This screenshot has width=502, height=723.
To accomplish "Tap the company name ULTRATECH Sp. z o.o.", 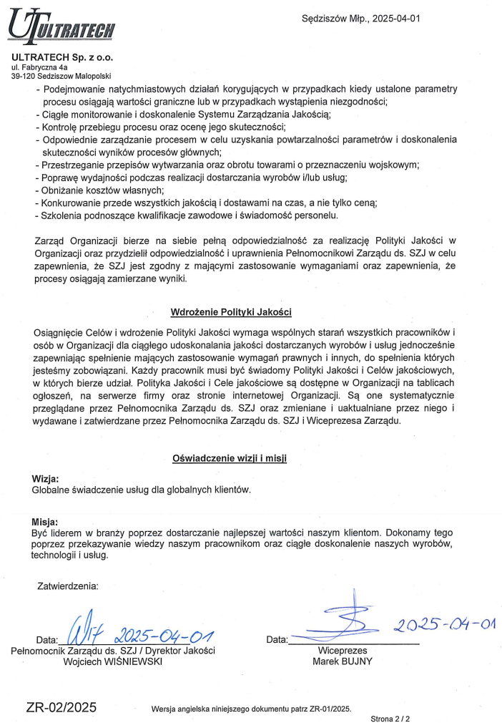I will [x=62, y=57].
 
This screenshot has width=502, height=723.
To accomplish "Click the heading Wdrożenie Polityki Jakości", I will [x=231, y=312].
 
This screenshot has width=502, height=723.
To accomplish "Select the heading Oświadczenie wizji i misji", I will [x=230, y=457].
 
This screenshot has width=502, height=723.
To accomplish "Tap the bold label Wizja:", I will [x=46, y=478].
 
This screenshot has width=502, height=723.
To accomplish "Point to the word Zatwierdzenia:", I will [x=68, y=586].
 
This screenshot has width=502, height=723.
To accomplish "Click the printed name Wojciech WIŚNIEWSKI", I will [x=114, y=662].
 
